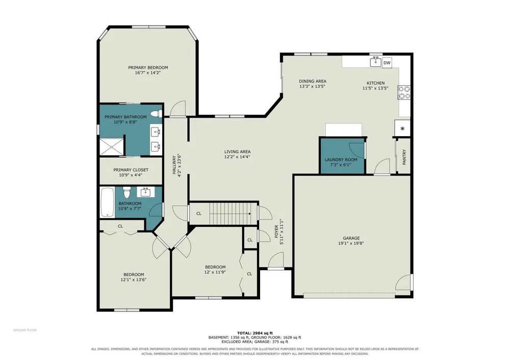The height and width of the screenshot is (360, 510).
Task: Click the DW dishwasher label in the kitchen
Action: pos(387,63)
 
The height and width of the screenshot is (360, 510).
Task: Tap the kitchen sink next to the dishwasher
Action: pos(376,61)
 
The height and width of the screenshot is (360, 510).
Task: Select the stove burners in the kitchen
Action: pos(404,92)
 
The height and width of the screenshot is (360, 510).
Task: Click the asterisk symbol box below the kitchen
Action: pos(402,128)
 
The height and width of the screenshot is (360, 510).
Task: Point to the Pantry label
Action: pos(404,157)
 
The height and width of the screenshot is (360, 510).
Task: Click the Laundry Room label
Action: pos(341,160)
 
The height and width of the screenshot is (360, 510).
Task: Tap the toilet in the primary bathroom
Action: pos(158,114)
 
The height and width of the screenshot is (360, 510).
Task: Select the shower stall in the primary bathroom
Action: pos(112,147)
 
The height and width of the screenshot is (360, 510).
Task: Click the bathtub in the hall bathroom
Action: pos(107,202)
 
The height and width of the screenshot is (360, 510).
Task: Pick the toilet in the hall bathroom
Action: pos(126,192)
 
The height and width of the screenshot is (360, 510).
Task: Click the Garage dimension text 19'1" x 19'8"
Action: pos(351,243)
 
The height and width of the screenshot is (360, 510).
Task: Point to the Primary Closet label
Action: pos(131,170)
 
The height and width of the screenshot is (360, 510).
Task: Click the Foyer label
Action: pos(276,232)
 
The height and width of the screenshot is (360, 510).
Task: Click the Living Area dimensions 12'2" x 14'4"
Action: pos(238,157)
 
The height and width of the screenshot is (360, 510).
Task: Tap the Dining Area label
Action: pos(313,81)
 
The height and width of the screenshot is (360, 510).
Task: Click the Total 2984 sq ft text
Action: pos(254,333)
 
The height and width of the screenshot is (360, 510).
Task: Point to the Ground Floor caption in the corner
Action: pos(25,330)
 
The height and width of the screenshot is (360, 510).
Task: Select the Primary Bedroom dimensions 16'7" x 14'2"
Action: pos(148,73)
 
